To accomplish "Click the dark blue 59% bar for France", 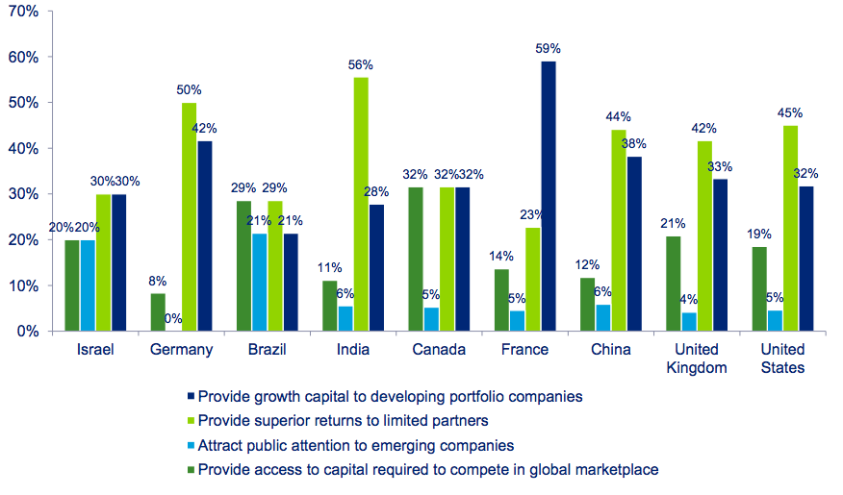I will [x=549, y=196].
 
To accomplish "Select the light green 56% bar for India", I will [x=361, y=204].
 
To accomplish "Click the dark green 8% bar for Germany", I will [x=159, y=312].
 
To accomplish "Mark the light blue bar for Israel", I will [x=88, y=285].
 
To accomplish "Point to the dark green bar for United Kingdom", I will [x=675, y=284].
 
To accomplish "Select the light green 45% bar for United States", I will [x=790, y=229].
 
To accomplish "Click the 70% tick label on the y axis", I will [x=24, y=12].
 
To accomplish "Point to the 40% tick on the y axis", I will [x=24, y=149].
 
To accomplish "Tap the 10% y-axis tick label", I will [x=24, y=285].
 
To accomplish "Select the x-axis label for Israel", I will [x=95, y=350].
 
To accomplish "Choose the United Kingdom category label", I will [x=698, y=359].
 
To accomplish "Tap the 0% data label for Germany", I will [x=173, y=318].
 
